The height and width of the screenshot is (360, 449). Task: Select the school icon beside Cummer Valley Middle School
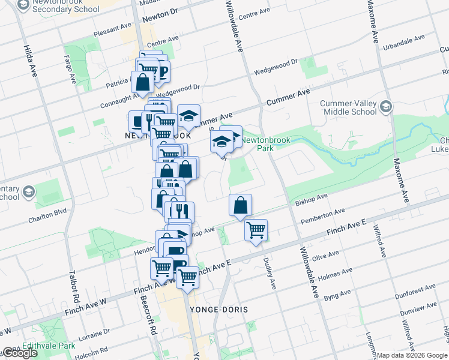(x=386, y=107)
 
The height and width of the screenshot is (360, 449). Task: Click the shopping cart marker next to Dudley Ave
(x=256, y=230)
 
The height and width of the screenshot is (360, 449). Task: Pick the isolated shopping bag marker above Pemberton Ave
(x=240, y=205)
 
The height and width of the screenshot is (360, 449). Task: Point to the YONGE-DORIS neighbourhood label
(x=218, y=309)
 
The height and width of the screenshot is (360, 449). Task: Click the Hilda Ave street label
(x=28, y=61)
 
